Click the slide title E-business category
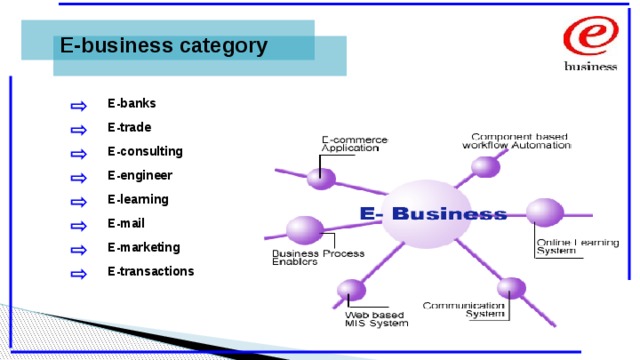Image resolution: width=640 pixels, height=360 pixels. click(x=163, y=46)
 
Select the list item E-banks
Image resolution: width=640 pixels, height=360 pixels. click(x=132, y=103)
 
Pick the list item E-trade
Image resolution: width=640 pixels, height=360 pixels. click(x=130, y=127)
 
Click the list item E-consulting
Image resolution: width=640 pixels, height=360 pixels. click(x=145, y=151)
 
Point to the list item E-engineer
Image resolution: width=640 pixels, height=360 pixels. click(x=140, y=175)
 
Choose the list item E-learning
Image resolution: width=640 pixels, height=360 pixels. click(x=138, y=199)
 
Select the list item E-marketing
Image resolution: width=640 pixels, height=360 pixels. click(x=144, y=247)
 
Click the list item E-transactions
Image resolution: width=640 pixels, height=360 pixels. click(x=151, y=271)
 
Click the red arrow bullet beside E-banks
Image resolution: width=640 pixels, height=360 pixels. click(x=78, y=105)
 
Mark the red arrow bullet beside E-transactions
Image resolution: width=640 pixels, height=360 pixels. click(x=78, y=273)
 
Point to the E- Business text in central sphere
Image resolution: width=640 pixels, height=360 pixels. click(x=433, y=213)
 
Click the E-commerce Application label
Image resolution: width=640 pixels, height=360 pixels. click(x=354, y=143)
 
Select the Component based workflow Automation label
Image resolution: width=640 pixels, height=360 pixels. click(x=516, y=140)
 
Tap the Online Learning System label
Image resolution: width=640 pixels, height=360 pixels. click(x=564, y=246)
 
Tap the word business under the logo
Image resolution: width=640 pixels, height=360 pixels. click(x=592, y=67)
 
